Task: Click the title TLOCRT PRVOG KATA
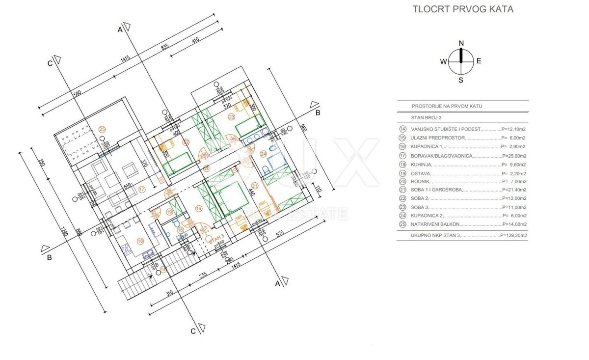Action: [463, 9]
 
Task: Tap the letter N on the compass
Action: [461, 43]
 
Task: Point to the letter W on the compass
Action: [443, 61]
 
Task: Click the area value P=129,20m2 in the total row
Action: [513, 236]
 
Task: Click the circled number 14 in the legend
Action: [403, 129]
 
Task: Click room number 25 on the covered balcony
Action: [102, 129]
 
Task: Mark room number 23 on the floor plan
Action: [232, 117]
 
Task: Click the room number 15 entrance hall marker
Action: [199, 208]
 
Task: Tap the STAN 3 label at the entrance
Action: [216, 241]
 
